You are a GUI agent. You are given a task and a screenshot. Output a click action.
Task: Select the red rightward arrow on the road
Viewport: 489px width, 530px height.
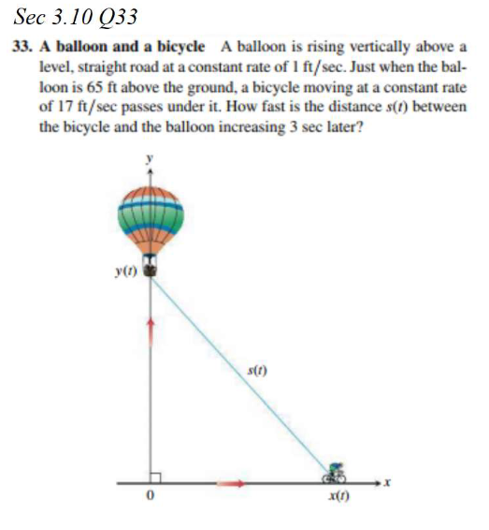[x=235, y=484]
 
